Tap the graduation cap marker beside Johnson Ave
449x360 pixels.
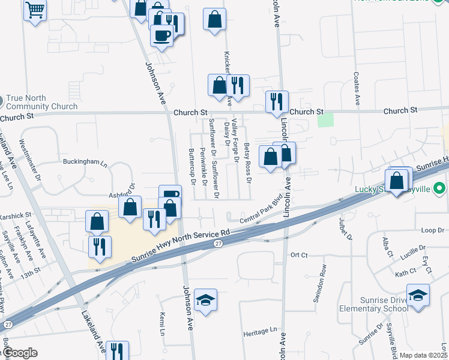point(205,301)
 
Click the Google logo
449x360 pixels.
point(20,353)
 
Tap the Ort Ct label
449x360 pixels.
point(298,255)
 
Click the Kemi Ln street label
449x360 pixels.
point(162,324)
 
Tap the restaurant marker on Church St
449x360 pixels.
point(277,102)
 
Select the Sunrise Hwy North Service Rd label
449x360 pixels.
point(181,246)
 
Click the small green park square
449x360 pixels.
point(325,119)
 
